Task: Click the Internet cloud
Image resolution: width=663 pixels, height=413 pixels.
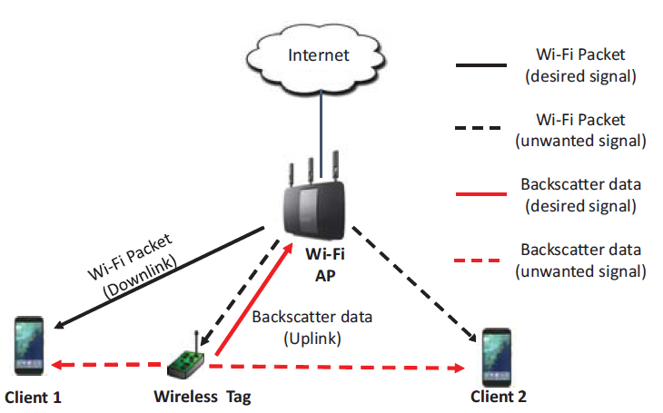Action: tap(318, 54)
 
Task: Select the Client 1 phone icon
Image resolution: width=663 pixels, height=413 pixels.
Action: tap(29, 346)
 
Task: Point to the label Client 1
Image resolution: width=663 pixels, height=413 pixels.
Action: tap(35, 397)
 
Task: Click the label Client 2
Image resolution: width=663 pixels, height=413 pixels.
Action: tap(498, 397)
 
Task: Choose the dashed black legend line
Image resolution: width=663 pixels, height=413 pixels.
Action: tap(480, 130)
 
